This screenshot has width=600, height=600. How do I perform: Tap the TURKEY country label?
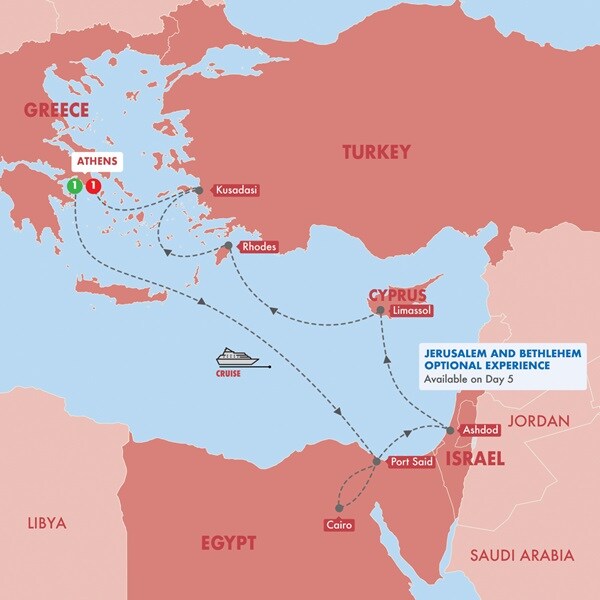[x=376, y=152]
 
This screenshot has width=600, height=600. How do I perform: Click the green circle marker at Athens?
[x=73, y=186]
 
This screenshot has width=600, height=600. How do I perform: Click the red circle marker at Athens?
[x=93, y=186]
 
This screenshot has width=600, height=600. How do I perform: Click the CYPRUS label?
[x=397, y=296]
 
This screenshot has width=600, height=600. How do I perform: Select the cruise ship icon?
[x=237, y=357]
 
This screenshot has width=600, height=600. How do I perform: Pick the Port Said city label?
[x=411, y=462]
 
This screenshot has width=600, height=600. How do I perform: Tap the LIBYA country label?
[x=46, y=523]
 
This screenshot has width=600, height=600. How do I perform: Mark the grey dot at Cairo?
[x=340, y=508]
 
